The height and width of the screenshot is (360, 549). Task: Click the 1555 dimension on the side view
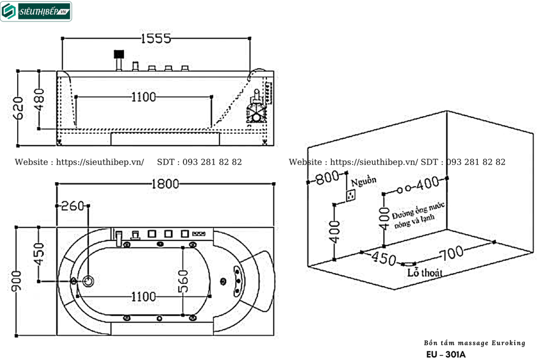[155, 38]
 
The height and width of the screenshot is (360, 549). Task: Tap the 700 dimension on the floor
[451, 253]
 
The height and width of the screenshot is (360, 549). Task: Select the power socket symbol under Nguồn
[352, 196]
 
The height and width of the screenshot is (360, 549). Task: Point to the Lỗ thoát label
[424, 273]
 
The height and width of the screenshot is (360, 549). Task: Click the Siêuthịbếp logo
[36, 11]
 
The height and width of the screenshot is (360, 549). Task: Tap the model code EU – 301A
[446, 354]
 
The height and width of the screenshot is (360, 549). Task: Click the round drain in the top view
[89, 280]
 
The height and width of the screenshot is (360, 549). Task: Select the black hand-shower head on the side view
[118, 54]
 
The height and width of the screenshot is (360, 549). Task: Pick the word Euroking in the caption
[506, 343]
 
